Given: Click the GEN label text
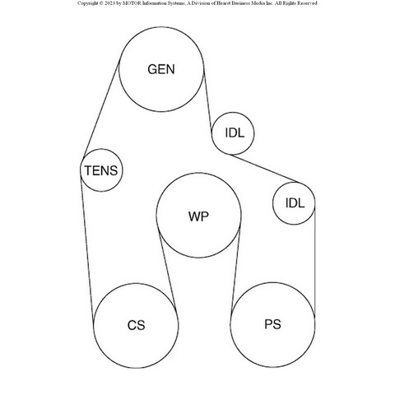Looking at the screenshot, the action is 161,69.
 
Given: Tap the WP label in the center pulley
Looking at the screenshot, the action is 198,216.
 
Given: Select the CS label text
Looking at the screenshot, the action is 136,325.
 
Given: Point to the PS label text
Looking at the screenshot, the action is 272,324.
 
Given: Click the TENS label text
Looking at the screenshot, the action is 101,170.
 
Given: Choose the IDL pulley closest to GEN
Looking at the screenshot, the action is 233,133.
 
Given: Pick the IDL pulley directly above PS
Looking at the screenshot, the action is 294,203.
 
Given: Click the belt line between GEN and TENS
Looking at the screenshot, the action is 101,109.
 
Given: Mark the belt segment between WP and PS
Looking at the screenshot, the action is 236,270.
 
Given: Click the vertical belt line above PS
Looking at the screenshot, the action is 315,262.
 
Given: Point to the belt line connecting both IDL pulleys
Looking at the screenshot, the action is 265,169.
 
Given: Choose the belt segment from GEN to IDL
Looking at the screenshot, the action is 207,99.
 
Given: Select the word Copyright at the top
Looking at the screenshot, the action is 87,3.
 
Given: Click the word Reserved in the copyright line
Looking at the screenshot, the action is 308,3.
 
